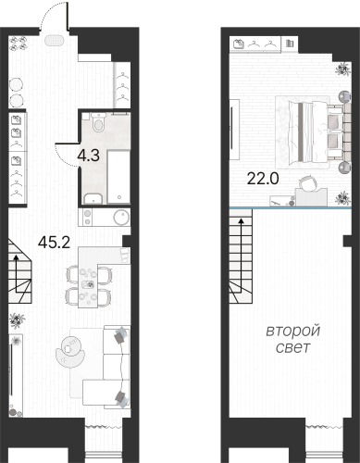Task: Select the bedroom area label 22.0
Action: pyautogui.click(x=259, y=178)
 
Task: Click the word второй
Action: pyautogui.click(x=293, y=331)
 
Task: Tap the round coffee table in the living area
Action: pyautogui.click(x=68, y=347)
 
